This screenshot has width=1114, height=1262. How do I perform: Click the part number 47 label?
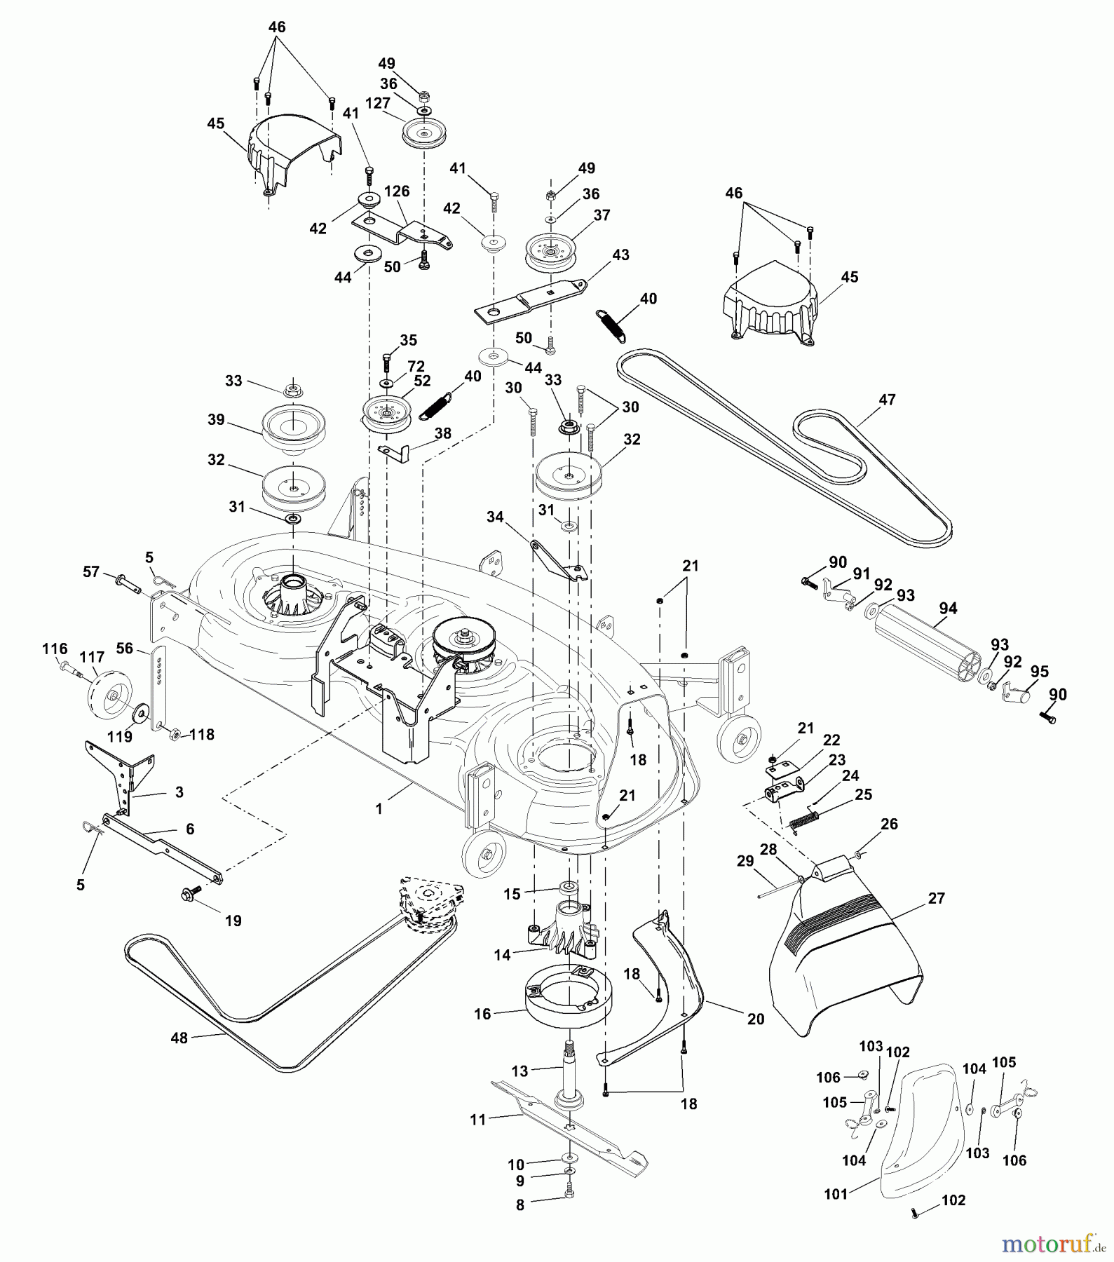[x=887, y=400]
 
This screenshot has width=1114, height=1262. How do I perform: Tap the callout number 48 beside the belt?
[x=179, y=1038]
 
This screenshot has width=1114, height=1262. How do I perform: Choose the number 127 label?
[x=377, y=103]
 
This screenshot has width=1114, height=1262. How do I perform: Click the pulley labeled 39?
[x=293, y=429]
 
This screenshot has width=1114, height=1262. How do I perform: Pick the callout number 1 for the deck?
[x=379, y=808]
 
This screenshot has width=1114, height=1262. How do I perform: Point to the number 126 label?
[x=397, y=191]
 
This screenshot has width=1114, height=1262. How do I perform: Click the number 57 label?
[x=91, y=572]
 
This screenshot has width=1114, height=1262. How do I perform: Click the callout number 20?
[x=756, y=1019]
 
